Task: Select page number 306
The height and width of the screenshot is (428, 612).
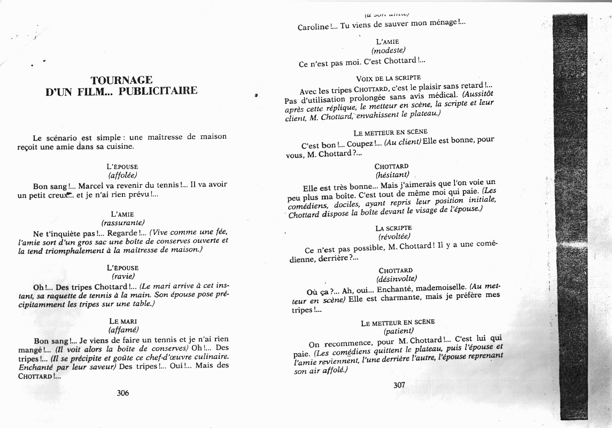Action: click(123, 393)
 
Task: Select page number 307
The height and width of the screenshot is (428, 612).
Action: click(399, 385)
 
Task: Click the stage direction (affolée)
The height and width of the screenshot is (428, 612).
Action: click(123, 175)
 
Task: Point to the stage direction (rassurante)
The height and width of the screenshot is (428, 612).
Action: click(123, 223)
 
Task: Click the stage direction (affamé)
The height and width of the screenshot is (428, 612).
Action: click(123, 330)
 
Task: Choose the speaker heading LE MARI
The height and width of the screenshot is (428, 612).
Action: click(123, 321)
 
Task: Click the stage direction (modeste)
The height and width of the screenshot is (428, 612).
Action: click(389, 51)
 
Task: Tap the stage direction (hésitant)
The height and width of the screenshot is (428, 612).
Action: click(392, 175)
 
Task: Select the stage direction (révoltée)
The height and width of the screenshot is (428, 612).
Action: click(394, 236)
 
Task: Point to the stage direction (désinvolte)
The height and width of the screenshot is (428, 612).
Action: click(396, 279)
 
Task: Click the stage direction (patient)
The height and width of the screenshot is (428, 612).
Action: click(399, 331)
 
